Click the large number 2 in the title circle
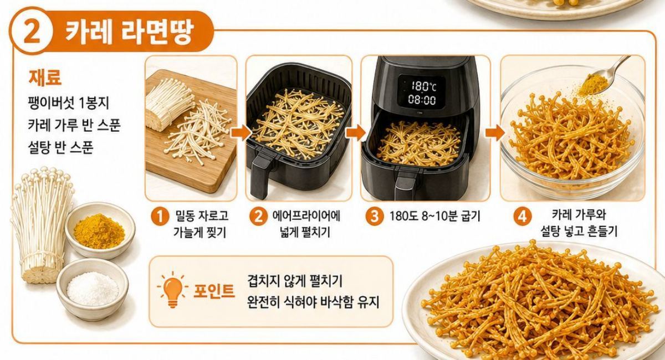32,32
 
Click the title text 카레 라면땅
130,31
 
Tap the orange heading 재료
45,77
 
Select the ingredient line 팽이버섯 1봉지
68,103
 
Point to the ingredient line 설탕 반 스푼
60,147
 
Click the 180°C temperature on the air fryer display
423,86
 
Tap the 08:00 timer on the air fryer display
422,100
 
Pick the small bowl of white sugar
93,289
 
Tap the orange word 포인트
214,291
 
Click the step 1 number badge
160,217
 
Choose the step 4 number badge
522,217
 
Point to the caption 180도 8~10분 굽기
434,217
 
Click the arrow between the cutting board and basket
241,132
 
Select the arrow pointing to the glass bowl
494,132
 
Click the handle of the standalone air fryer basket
260,174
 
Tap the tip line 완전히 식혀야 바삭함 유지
313,302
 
